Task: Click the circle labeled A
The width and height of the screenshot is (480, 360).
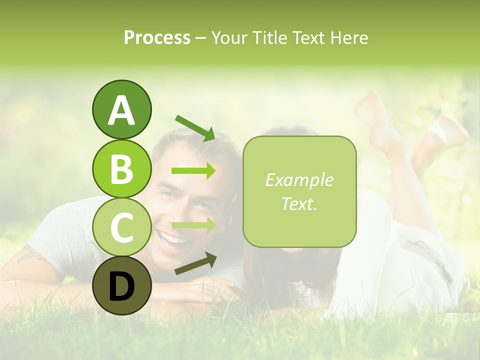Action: coord(121,109)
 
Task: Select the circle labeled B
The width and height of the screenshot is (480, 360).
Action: coord(121,168)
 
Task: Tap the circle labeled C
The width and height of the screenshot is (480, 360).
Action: coord(121,227)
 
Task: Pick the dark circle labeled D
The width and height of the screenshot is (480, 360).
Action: coord(121,286)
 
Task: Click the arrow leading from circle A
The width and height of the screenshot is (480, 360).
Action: coord(195,127)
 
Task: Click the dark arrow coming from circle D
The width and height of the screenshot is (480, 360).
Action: coord(195,263)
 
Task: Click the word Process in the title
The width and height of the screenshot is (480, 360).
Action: coord(157,38)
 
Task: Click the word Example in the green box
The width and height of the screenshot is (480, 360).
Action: coord(299,180)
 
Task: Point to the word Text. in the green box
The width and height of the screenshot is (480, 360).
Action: coord(299,203)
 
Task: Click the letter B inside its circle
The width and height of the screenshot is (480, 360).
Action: coord(121,169)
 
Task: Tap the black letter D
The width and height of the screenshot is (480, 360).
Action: coord(121,286)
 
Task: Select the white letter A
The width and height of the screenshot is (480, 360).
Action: coord(121,110)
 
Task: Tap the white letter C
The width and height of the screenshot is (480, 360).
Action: coord(121,227)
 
